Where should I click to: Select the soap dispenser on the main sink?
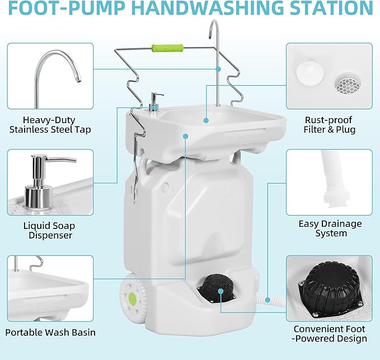click(x=154, y=104)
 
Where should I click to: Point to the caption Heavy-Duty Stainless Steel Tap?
click(x=49, y=125)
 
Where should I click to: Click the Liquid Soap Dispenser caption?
click(x=49, y=231)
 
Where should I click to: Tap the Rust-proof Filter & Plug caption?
click(x=330, y=125)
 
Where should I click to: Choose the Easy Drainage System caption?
click(x=330, y=228)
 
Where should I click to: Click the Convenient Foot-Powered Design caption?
click(x=330, y=334)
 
